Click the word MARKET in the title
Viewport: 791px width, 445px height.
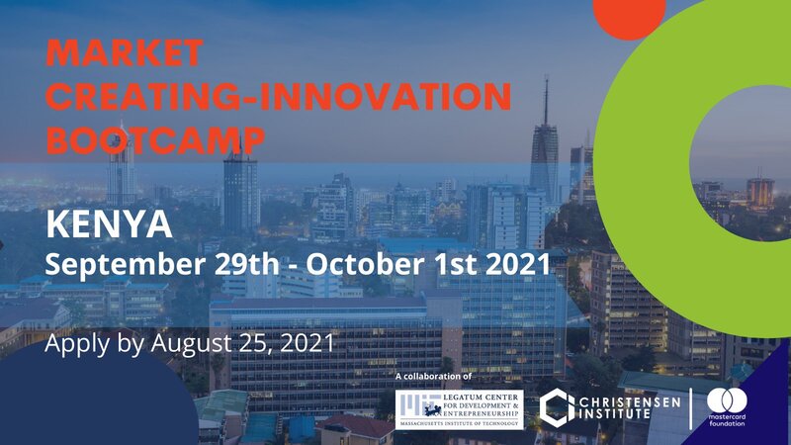point(125,52)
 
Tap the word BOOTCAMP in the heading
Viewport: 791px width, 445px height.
point(156,139)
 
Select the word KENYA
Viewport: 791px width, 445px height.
point(109,224)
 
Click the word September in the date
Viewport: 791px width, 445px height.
point(126,265)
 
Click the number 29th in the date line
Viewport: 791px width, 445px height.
point(246,264)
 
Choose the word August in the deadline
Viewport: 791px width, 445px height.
point(191,344)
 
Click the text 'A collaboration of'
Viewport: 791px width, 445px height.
point(433,377)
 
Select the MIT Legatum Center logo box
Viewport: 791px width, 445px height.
point(460,409)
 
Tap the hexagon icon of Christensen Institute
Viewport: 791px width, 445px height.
point(557,407)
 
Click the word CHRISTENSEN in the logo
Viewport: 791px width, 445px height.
point(630,402)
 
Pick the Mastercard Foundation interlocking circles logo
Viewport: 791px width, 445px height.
point(727,400)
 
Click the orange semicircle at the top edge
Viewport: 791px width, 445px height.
point(630,17)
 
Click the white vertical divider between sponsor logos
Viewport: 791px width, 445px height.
point(690,408)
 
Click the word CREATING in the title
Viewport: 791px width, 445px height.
point(135,96)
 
